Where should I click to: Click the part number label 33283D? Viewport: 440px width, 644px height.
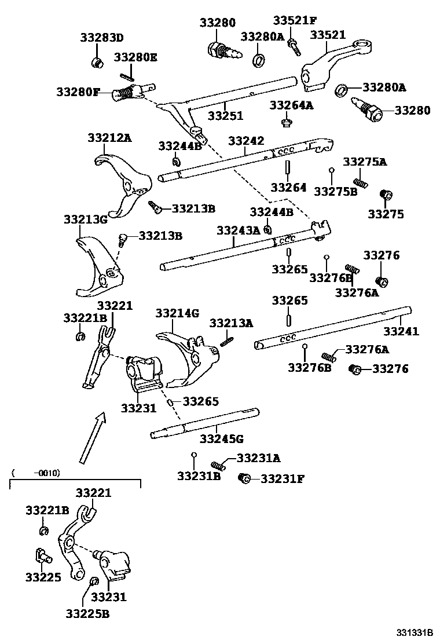coord(101,39)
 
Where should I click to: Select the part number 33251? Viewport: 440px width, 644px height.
coord(226,116)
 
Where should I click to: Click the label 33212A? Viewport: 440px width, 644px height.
coord(109,138)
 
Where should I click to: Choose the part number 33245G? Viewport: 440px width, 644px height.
coord(222,438)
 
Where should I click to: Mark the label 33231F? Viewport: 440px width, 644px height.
coord(282,478)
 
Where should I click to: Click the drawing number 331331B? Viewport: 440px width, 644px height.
coord(415,632)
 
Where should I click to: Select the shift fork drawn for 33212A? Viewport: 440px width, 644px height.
coord(124,182)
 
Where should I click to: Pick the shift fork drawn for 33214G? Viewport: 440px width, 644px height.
coord(188,356)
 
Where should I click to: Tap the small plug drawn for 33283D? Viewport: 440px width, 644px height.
coord(98,61)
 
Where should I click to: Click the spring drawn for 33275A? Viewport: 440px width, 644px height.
coord(360,182)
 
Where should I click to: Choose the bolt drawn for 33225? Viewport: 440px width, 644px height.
coord(42,556)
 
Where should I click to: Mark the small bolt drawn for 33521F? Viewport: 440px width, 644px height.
coord(295,46)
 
